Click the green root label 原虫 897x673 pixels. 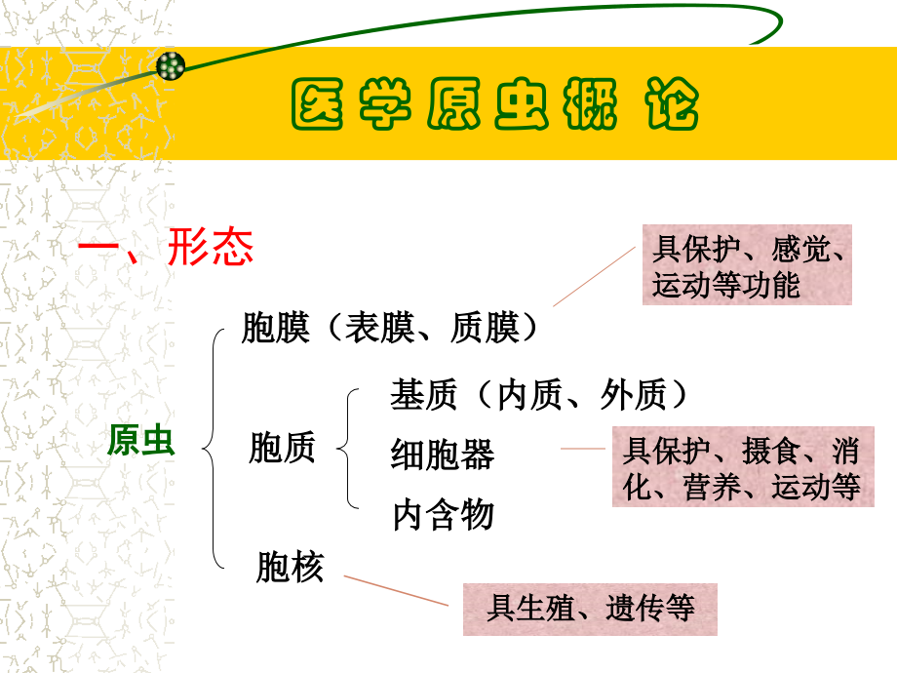click(x=140, y=442)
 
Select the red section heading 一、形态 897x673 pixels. click(x=165, y=249)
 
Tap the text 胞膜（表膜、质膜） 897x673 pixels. click(x=390, y=328)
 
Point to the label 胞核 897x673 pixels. click(x=290, y=567)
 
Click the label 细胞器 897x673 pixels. click(x=443, y=455)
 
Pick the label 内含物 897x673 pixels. click(x=443, y=514)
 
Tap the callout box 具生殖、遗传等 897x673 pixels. click(x=590, y=610)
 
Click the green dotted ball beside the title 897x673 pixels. click(x=171, y=66)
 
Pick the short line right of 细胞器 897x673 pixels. click(x=583, y=449)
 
